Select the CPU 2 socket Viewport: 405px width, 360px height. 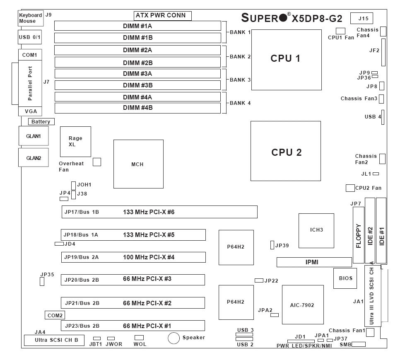pyautogui.click(x=286, y=151)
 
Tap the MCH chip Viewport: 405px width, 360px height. pyautogui.click(x=138, y=164)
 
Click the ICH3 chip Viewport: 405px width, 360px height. pyautogui.click(x=316, y=230)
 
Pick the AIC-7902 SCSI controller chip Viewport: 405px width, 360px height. pyautogui.click(x=303, y=305)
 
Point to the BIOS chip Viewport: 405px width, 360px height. pyautogui.click(x=345, y=278)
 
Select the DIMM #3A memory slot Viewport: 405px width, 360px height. pyautogui.click(x=137, y=74)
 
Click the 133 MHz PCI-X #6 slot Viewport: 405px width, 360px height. pyautogui.click(x=157, y=212)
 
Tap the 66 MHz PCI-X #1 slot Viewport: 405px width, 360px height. pyautogui.click(x=133, y=326)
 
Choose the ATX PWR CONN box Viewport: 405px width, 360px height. pyautogui.click(x=163, y=16)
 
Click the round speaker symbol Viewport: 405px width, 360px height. pyautogui.click(x=174, y=338)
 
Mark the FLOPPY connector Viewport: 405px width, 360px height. pyautogui.click(x=359, y=235)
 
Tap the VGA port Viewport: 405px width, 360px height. pyautogui.click(x=30, y=111)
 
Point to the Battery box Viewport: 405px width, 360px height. pyautogui.click(x=41, y=122)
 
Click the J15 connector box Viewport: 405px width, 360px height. pyautogui.click(x=362, y=18)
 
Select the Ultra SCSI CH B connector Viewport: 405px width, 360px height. pyautogui.click(x=54, y=341)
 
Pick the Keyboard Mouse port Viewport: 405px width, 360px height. pyautogui.click(x=31, y=18)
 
